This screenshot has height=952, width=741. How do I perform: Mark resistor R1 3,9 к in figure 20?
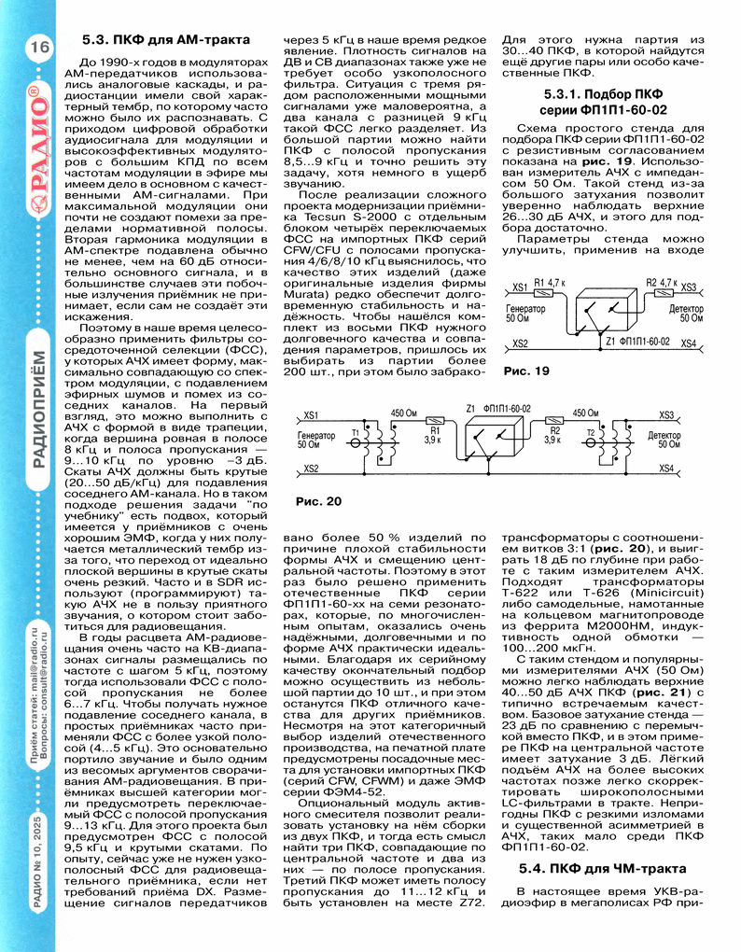[433, 432]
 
